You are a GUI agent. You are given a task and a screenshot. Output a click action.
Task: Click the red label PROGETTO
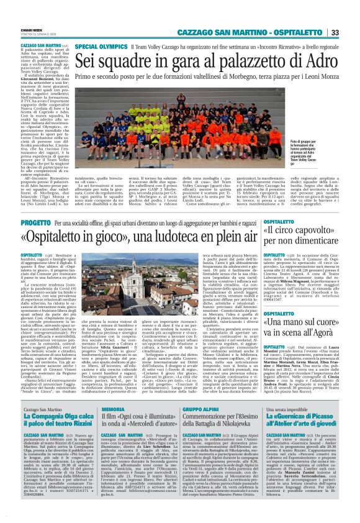click(35, 222)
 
